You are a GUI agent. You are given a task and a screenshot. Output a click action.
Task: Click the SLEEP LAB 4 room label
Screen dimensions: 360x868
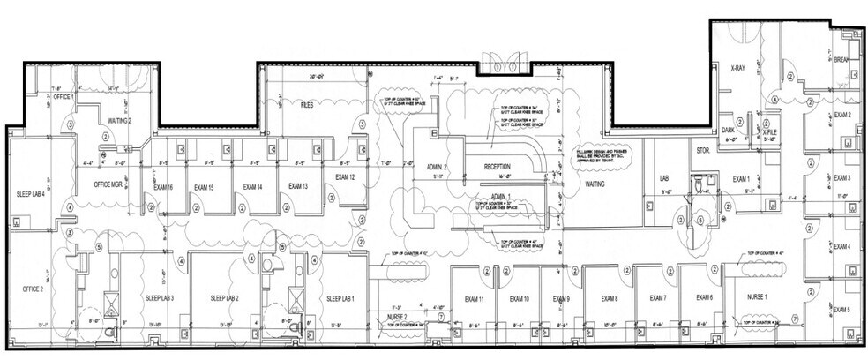tap(30, 194)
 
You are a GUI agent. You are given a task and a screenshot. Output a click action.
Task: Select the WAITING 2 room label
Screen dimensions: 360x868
tap(119, 120)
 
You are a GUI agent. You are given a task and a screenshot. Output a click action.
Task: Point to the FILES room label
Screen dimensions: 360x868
tap(307, 105)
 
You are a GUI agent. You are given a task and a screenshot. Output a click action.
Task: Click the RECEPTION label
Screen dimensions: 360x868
tap(498, 166)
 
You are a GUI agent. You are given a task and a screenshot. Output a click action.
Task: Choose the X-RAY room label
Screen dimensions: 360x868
tap(738, 67)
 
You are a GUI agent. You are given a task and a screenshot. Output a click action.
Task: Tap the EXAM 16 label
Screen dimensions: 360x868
tap(162, 188)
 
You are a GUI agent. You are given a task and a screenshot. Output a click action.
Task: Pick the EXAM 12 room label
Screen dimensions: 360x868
tap(345, 177)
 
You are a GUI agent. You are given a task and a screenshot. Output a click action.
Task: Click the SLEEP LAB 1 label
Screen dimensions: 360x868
tap(340, 299)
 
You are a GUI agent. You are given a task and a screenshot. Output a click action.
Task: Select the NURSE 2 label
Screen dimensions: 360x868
tap(399, 317)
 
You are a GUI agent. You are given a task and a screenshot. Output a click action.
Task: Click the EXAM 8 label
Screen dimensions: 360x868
tap(610, 300)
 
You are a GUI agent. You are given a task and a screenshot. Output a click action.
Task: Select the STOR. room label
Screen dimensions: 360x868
tap(703, 151)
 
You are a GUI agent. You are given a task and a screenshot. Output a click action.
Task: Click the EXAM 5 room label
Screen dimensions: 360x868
tap(842, 311)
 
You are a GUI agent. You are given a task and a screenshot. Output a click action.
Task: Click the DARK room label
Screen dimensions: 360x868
tap(729, 131)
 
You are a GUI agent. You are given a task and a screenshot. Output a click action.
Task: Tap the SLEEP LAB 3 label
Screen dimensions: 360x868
tap(160, 299)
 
